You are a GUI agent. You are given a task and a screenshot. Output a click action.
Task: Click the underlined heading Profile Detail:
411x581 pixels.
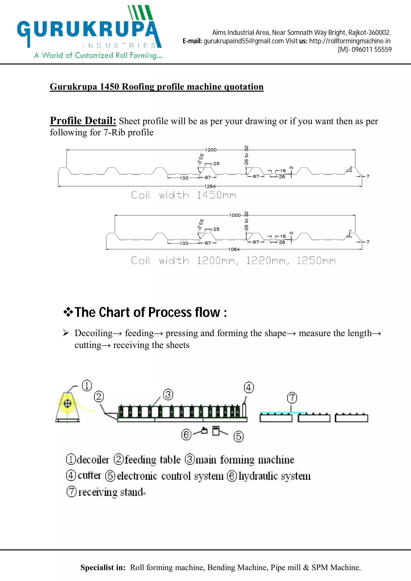tap(83, 121)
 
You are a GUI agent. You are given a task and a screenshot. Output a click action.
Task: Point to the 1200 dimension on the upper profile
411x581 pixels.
tap(211, 150)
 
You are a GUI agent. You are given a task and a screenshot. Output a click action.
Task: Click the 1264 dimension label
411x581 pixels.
tap(210, 186)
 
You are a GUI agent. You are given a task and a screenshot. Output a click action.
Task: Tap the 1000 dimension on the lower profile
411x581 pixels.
tap(235, 215)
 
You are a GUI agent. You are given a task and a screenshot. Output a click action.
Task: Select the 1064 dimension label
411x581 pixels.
tap(234, 249)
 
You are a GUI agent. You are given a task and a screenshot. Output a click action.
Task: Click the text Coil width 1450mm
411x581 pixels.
tap(184, 195)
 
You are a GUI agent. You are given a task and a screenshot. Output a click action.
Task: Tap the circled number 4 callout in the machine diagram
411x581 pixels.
tap(249, 387)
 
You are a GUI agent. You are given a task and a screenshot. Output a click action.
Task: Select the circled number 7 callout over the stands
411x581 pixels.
tap(292, 398)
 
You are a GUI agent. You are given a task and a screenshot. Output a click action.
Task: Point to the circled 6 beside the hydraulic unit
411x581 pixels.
tap(186, 435)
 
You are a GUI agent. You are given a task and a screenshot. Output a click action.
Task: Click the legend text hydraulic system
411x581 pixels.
tap(275, 476)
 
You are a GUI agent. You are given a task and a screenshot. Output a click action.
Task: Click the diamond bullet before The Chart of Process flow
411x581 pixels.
tap(68, 312)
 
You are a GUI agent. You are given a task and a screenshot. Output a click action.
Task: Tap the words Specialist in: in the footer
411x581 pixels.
tap(103, 567)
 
